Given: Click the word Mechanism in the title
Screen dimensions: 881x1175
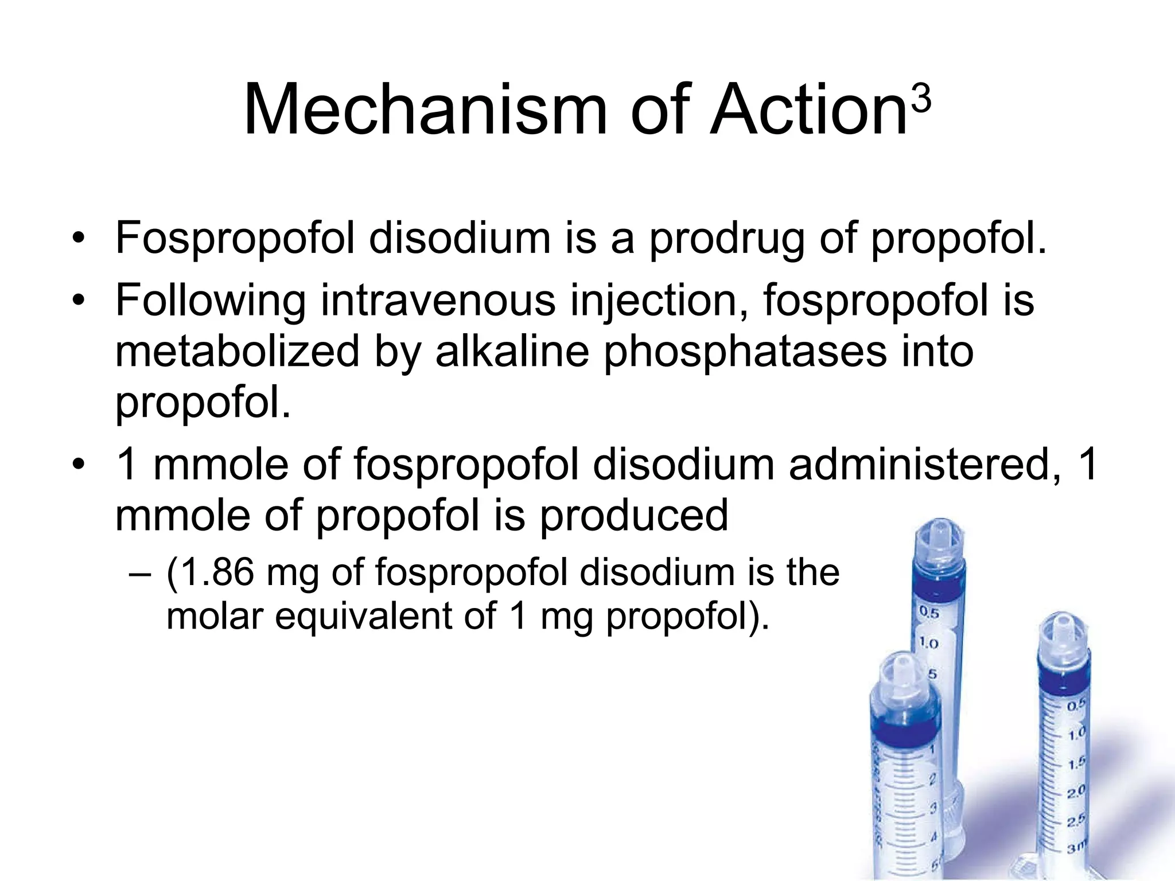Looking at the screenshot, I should pyautogui.click(x=425, y=110).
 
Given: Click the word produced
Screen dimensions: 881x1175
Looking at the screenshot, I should pyautogui.click(x=633, y=515).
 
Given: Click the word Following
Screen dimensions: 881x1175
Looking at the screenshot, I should pyautogui.click(x=211, y=301).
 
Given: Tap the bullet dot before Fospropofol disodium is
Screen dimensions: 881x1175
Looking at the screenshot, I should pyautogui.click(x=79, y=239).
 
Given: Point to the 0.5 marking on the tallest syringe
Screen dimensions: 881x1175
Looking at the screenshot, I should pyautogui.click(x=929, y=613).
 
